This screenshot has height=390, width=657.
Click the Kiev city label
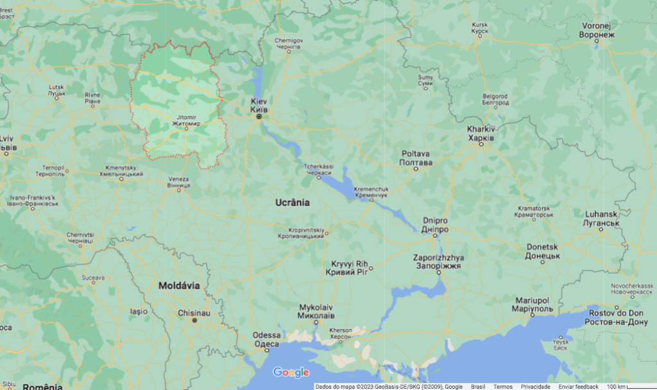coord(259,106)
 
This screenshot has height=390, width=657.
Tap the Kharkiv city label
coord(481,134)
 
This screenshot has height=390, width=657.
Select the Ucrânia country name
coord(293,202)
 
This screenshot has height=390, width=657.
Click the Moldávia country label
coord(179,285)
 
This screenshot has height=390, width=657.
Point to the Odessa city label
coord(266,339)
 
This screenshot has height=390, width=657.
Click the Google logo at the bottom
coord(291,372)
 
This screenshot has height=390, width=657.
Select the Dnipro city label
coord(435,225)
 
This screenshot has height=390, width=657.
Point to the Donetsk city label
coord(543,251)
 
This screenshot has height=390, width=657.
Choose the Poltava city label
coord(415,158)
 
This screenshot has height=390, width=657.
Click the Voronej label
coord(598,30)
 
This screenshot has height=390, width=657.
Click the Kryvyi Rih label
coord(350,268)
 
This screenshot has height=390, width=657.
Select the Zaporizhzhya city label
coord(439,261)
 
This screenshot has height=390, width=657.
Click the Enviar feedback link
coord(578,387)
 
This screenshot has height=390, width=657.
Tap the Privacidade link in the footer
coord(535,387)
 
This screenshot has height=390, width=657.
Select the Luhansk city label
coord(601,218)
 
